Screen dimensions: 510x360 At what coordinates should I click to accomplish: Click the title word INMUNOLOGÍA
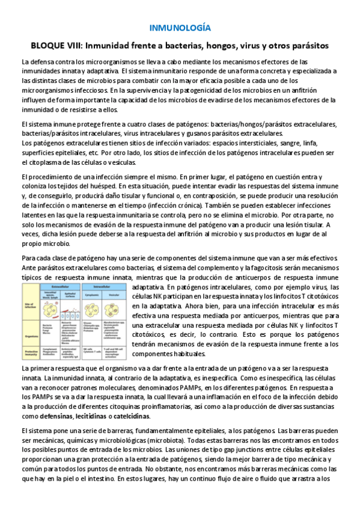(x=180, y=28)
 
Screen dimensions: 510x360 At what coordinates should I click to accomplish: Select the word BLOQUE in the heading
(x=50, y=46)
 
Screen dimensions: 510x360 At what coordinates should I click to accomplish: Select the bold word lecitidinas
(x=96, y=416)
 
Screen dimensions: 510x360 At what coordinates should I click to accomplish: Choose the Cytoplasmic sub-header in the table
(x=91, y=295)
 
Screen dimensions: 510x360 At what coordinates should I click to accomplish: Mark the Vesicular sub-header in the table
(x=115, y=295)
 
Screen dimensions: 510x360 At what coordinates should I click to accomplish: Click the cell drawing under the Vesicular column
(x=115, y=309)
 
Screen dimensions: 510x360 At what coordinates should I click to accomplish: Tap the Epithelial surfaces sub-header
(x=67, y=295)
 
